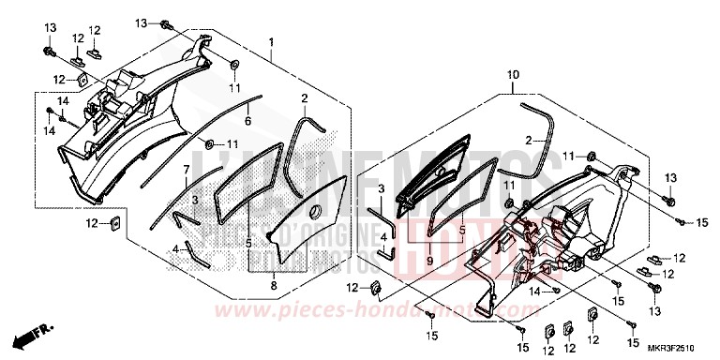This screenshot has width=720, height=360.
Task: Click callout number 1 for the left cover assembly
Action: coord(271,43)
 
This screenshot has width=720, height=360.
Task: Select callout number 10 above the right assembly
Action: coord(514,74)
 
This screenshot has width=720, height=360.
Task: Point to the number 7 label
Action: coord(187,169)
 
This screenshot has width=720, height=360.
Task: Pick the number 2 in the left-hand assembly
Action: coord(305,97)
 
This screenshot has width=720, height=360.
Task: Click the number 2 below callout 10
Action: coord(527,141)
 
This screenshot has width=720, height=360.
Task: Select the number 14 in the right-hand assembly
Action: coord(533,292)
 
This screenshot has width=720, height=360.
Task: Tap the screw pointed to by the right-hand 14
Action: coord(557,292)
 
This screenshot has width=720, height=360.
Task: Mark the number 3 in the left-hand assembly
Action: coord(193,201)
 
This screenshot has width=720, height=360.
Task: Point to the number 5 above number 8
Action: coord(248,243)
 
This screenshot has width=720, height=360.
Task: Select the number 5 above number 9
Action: coord(461,229)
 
